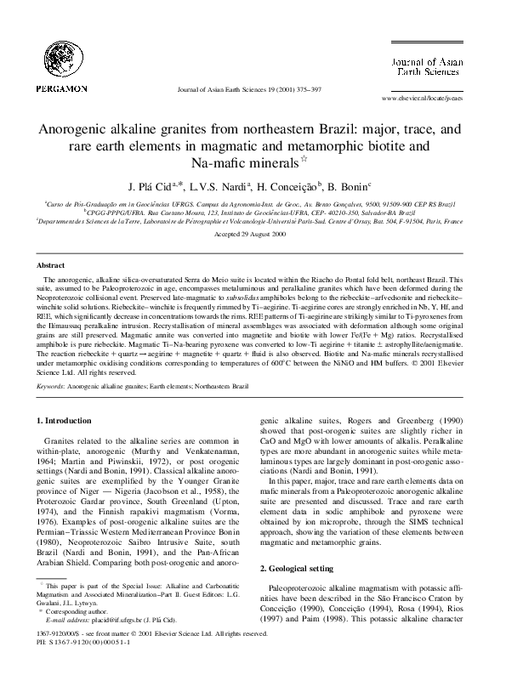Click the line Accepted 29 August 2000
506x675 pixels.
point(253,233)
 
